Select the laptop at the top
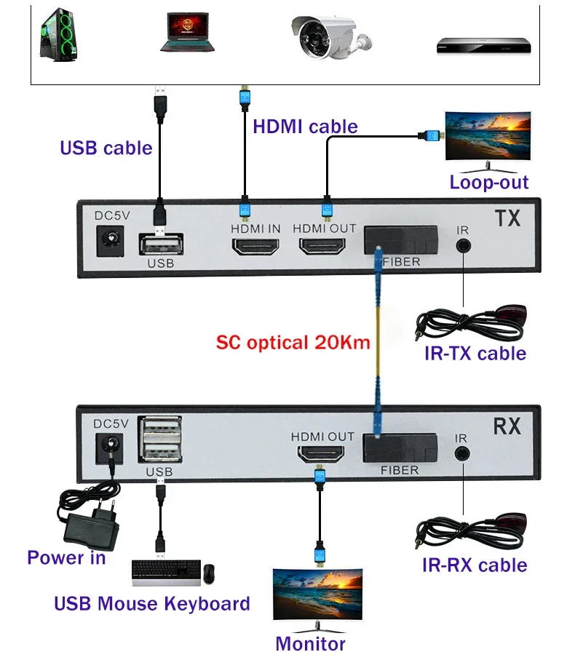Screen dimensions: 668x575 click(x=189, y=33)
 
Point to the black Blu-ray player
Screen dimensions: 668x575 click(x=483, y=46)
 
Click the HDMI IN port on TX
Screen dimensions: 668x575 click(x=255, y=247)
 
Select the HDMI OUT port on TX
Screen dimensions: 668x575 click(x=324, y=247)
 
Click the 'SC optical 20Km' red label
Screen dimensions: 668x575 click(x=293, y=342)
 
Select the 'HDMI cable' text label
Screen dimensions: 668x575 click(x=305, y=127)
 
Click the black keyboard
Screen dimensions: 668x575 click(x=165, y=573)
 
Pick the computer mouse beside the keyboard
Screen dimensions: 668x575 click(x=210, y=573)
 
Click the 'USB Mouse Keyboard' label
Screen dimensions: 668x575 click(x=152, y=603)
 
